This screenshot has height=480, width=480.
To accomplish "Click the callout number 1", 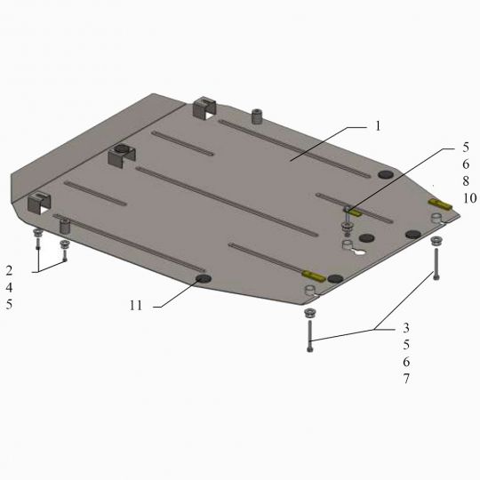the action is point(378,126).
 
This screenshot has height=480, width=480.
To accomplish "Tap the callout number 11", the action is point(136,306).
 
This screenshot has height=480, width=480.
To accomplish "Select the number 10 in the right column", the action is point(469,198).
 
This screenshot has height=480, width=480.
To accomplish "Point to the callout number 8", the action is point(466,181).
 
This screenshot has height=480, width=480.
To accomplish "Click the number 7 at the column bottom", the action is point(406,379).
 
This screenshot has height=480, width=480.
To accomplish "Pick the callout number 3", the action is point(406,328).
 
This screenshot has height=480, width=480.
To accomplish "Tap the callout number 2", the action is point(9,270).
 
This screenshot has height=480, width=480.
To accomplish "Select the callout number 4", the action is point(9,288).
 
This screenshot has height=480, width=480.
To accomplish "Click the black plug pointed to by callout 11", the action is point(204,278).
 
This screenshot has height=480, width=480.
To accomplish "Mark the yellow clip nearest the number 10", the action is point(440,204).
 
